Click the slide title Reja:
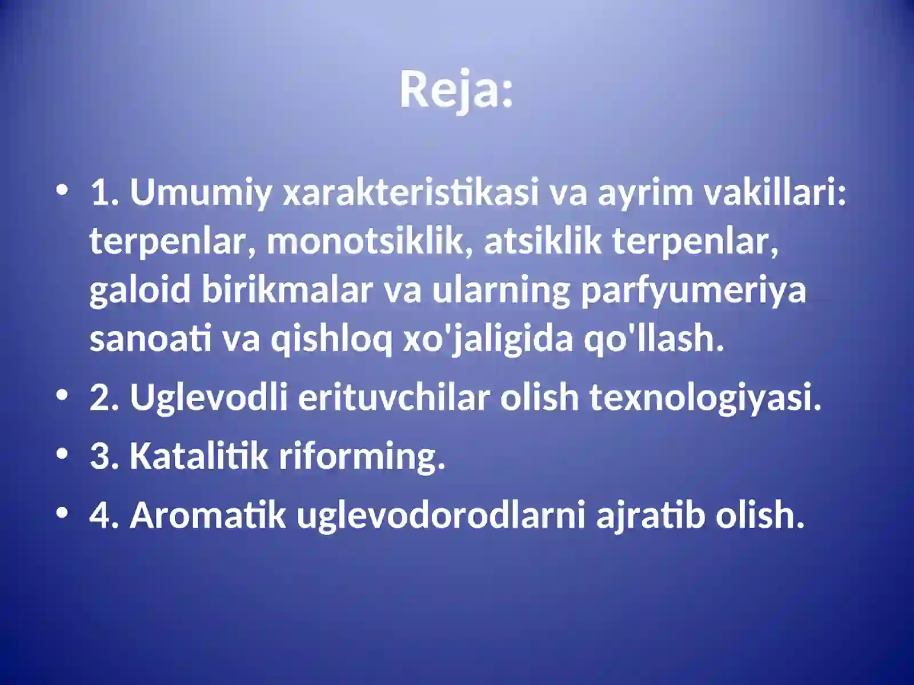(x=456, y=90)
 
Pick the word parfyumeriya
(x=693, y=290)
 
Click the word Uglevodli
(x=209, y=397)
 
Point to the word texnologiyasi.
(x=705, y=397)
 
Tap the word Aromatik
(x=208, y=515)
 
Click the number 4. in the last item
(x=104, y=515)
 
